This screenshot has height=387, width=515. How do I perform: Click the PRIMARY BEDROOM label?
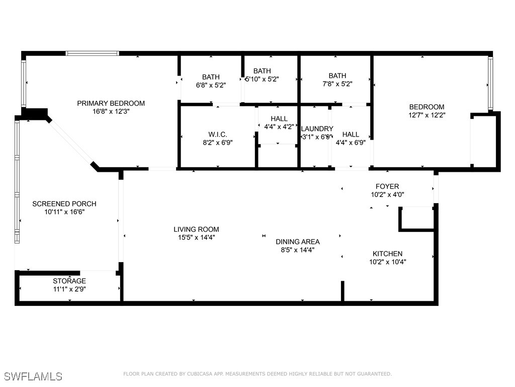coord(111,103)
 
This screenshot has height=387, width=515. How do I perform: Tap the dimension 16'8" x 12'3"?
coord(111,111)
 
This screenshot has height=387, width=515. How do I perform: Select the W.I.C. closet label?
coord(218,134)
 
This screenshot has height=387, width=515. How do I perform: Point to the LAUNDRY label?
coord(317,129)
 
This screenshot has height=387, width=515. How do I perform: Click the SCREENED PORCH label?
coord(64,204)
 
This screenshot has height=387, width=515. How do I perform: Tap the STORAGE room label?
coord(69,281)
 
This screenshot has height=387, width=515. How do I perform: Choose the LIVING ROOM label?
coord(196,229)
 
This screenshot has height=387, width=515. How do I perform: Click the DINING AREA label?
coord(298,241)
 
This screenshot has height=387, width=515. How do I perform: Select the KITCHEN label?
coord(387,253)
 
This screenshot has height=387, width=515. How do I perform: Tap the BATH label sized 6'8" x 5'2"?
coord(211,77)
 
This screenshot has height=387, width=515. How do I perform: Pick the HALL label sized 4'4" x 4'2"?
coord(279,119)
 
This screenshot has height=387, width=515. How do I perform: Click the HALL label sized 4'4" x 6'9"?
coord(351,134)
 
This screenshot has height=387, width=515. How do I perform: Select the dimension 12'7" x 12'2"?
coord(426,115)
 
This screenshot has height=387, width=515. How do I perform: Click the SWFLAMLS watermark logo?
coord(33,376)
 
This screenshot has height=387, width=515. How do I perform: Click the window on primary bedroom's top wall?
coord(93,53)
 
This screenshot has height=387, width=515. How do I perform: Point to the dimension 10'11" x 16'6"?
coord(64,212)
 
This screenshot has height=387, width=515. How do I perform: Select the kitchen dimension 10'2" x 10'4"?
coord(387,262)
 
